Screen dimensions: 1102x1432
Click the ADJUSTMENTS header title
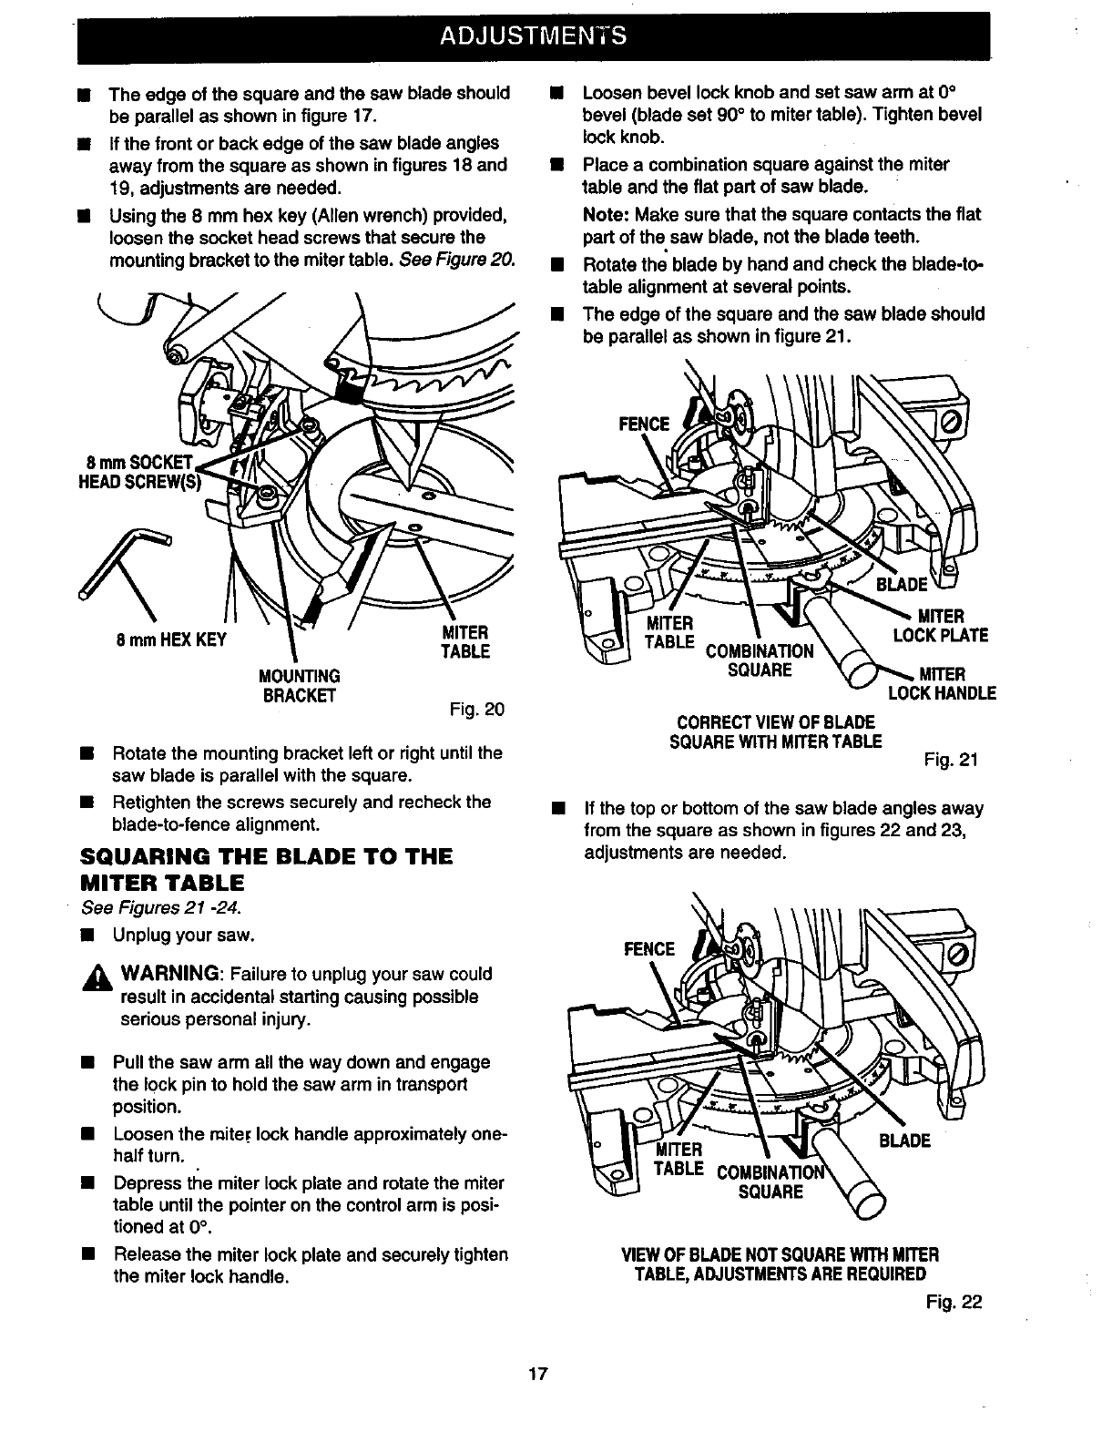pos(533,36)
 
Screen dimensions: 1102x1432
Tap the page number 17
pos(537,1373)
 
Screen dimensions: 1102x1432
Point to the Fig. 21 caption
pos(951,759)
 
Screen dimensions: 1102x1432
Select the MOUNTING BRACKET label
pos(300,686)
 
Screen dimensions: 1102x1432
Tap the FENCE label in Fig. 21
pos(644,424)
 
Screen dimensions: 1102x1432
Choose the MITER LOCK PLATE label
pos(942,627)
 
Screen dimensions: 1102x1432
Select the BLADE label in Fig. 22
pos(904,1140)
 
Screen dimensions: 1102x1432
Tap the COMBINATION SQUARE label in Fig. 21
pos(760,660)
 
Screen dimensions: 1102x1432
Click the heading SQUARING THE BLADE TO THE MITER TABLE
pos(264,869)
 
